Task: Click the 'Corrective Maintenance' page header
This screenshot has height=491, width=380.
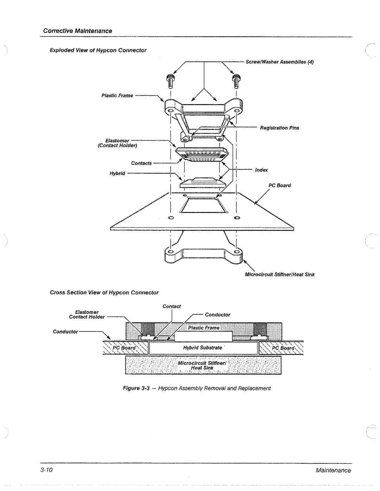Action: [77, 31]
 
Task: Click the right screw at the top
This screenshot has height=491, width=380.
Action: [236, 81]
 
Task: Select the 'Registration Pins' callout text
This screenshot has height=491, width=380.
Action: [279, 128]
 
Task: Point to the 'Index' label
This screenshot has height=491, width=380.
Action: [261, 170]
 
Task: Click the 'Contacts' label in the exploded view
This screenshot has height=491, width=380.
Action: [141, 163]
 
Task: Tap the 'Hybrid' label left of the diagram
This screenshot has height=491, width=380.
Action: [118, 174]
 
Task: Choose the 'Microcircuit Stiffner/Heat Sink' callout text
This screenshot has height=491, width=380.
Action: [279, 274]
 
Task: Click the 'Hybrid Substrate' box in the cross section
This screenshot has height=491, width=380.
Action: [202, 348]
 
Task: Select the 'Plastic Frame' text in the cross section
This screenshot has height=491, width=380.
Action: [203, 328]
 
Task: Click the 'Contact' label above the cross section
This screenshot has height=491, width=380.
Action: [172, 306]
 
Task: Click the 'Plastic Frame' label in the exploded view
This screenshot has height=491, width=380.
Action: [117, 95]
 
